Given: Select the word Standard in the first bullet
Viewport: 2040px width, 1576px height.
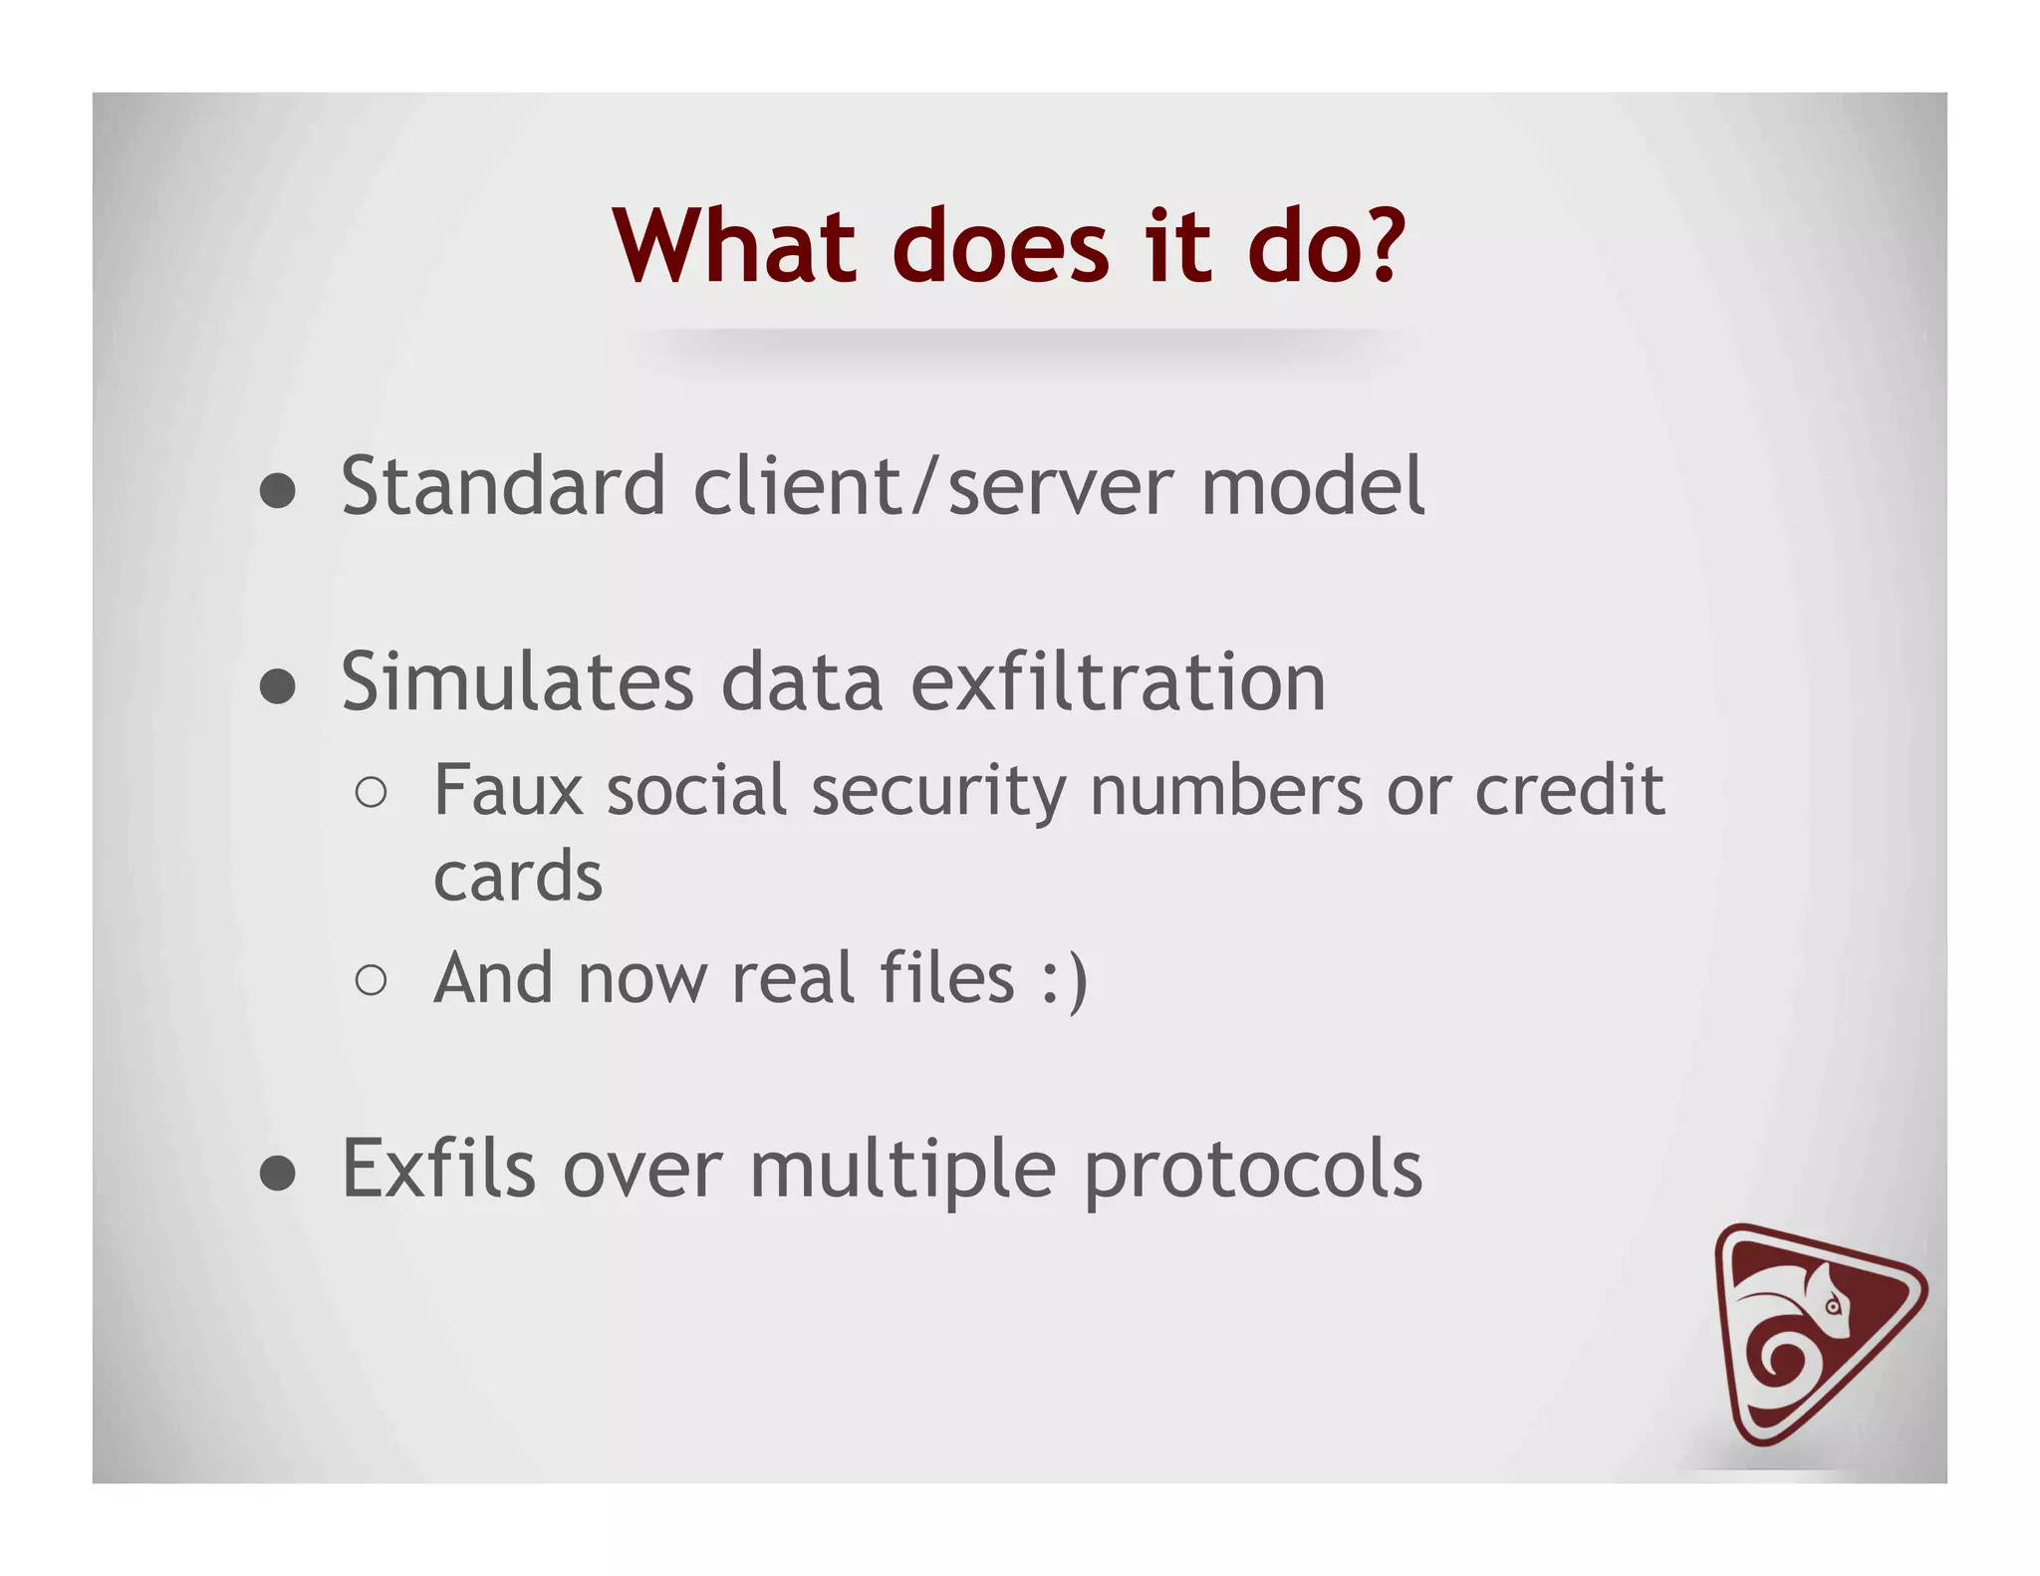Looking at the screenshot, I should pos(502,486).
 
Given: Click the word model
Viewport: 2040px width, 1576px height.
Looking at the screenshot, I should pos(1312,486).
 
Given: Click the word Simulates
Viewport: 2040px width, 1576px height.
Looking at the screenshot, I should pos(516,682).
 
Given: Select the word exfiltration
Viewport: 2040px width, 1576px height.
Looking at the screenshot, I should pos(1118,682).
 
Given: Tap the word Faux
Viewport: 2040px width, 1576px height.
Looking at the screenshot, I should pos(507,790).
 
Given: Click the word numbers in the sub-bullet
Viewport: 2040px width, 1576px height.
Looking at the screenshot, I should pos(1226,790).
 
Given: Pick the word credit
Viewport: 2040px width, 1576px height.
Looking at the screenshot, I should pos(1569,790).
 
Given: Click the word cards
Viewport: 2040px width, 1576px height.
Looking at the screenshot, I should pos(518,877).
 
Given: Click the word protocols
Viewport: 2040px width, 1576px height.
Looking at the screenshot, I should pos(1252,1172).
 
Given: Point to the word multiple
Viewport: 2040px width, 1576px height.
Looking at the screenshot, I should pos(902,1172).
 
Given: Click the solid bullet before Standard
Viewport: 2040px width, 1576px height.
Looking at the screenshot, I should pos(278,490).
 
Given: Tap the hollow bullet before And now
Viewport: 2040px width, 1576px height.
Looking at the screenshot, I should pos(371,980).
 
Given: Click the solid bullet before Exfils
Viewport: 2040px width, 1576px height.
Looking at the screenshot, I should pos(278,1174).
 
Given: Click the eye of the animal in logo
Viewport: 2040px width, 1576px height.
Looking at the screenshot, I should pos(1832,1306).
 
